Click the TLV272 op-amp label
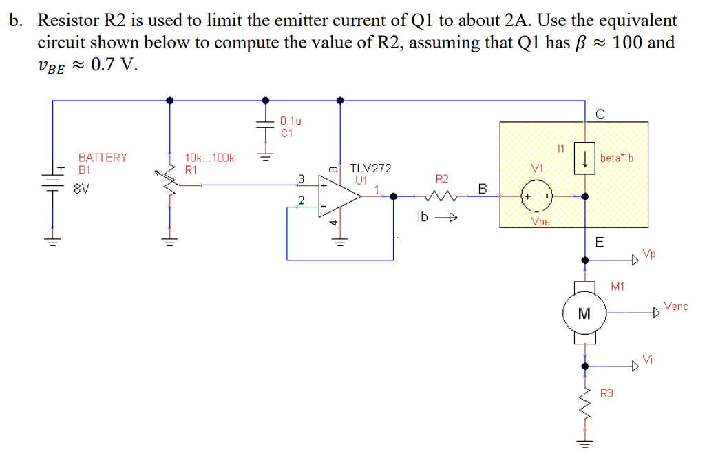point(371,168)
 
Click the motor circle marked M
point(584,313)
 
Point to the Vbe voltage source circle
point(537,196)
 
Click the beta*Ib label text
point(616,158)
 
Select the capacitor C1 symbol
point(264,127)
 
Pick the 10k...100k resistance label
point(210,158)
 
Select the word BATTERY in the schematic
point(103,158)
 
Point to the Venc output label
point(675,306)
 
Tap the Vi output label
point(647,358)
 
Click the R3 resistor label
point(606,393)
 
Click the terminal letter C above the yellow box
point(599,114)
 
